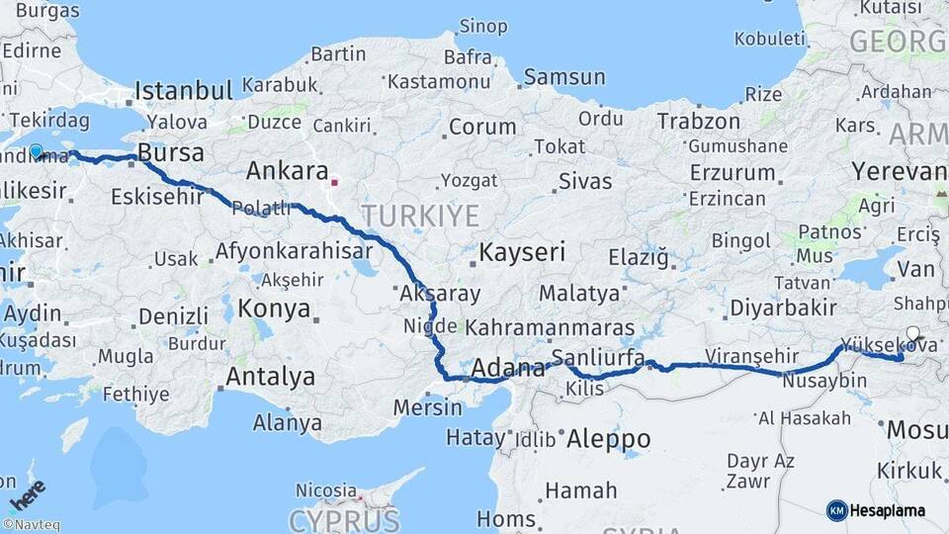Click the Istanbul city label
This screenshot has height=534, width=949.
point(184,91)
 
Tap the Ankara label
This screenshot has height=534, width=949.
point(287,170)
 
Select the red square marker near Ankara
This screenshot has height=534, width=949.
point(334,182)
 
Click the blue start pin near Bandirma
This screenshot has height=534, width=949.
point(36,151)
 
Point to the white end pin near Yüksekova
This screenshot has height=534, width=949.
point(912,334)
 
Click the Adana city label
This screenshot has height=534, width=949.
point(509,370)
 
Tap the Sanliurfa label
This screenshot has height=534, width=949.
point(598,357)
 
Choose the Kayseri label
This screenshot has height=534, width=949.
point(522,252)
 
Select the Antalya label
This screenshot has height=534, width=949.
point(270,377)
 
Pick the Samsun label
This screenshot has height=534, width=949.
point(563,77)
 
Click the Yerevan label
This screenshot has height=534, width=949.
point(899,170)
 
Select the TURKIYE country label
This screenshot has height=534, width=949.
point(419,216)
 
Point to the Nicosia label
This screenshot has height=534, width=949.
point(326,490)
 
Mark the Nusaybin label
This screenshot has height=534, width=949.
point(817,381)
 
